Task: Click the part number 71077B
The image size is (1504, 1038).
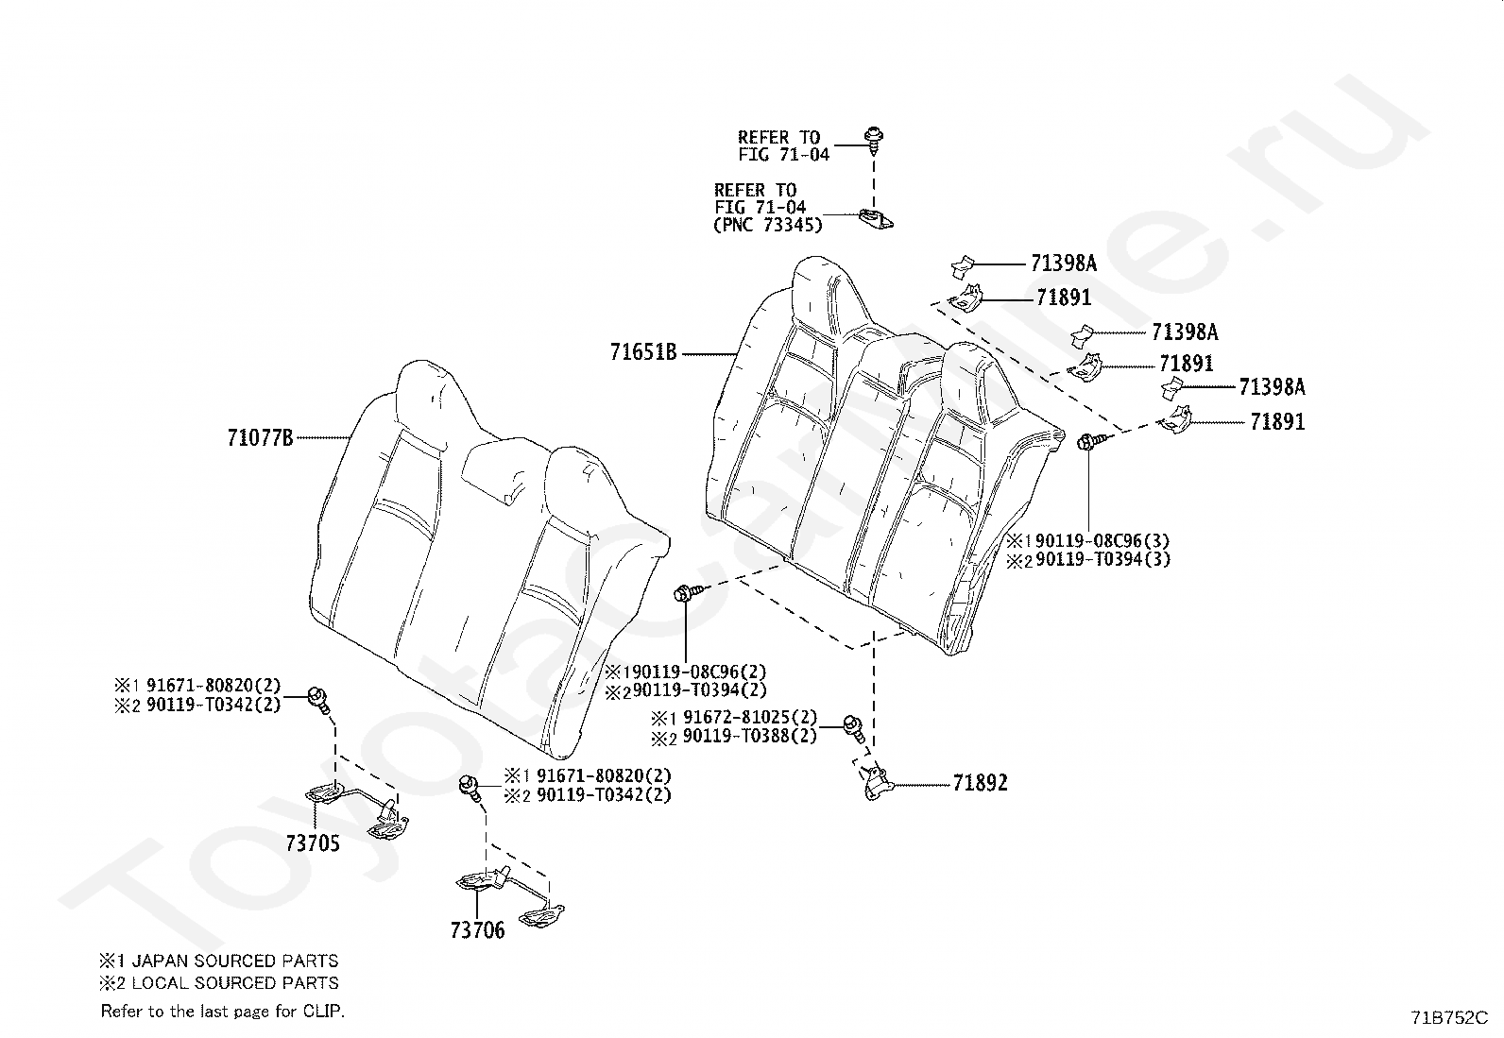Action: [x=260, y=438]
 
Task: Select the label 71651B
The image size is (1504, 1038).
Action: [x=643, y=352]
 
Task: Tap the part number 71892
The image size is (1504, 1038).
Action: [x=981, y=783]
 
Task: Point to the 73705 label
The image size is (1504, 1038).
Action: [x=313, y=843]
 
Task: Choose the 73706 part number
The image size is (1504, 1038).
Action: [x=477, y=930]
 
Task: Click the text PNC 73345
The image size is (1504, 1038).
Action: [x=768, y=225]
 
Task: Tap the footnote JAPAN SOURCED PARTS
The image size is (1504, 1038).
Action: [x=235, y=961]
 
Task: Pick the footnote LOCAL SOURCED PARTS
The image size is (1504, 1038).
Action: [x=235, y=983]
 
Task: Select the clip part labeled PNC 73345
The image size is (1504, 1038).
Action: [x=876, y=219]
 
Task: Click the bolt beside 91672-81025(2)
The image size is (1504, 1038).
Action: [x=854, y=728]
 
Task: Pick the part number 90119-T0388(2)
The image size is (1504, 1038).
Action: [x=750, y=736]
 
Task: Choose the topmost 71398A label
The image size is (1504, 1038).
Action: [x=1064, y=264]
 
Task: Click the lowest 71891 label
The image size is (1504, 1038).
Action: [x=1277, y=421]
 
